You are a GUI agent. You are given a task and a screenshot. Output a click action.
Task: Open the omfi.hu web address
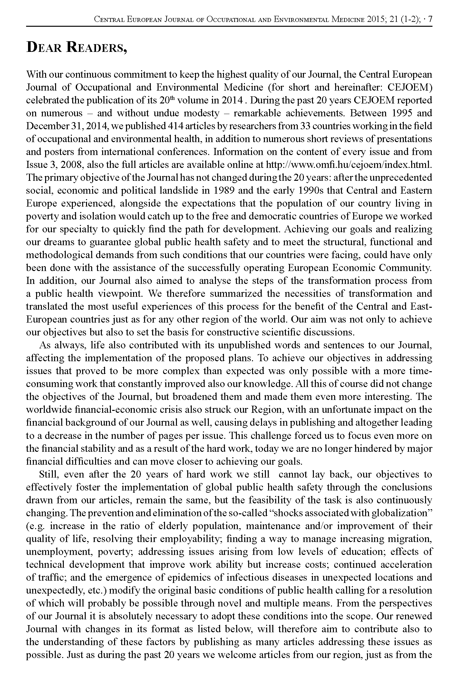click(348, 165)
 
